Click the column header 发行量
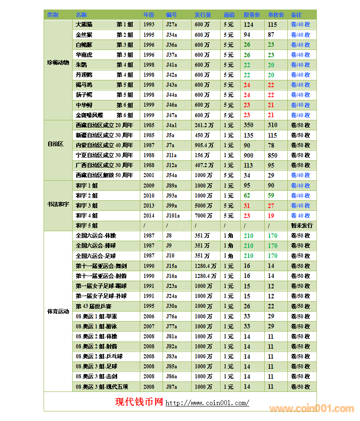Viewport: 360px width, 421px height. click(202, 15)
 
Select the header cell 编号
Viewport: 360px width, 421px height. click(171, 15)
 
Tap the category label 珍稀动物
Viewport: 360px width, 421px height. click(58, 62)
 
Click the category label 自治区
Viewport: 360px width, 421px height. click(55, 144)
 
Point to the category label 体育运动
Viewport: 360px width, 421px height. click(58, 312)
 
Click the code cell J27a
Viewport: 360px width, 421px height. click(172, 25)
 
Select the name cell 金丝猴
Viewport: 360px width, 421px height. click(84, 35)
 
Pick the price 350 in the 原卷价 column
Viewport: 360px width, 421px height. click(248, 125)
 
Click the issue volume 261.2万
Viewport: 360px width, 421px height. click(204, 125)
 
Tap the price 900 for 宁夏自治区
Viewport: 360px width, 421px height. click(248, 155)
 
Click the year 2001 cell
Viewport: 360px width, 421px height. click(149, 175)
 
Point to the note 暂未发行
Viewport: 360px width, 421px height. click(301, 226)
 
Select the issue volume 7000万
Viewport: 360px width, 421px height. click(203, 216)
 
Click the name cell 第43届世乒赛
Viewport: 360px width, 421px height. click(94, 306)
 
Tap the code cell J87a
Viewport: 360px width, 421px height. click(172, 386)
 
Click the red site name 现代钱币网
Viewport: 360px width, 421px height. click(139, 402)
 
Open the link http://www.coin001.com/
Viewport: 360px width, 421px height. click(207, 403)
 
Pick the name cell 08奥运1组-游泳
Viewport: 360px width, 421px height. click(96, 326)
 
